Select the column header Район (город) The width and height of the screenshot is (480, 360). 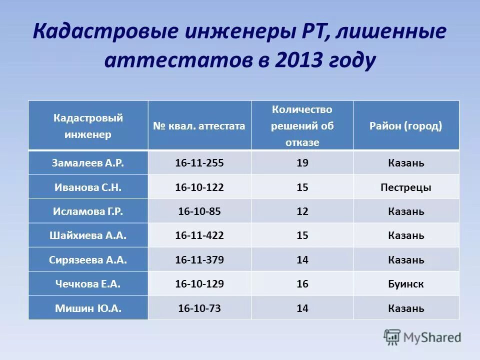(x=405, y=125)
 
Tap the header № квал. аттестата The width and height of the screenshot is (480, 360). (x=199, y=126)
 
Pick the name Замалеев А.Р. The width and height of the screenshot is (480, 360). (x=88, y=163)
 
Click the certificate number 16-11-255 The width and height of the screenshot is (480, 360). (x=199, y=163)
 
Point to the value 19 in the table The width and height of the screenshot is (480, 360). (x=302, y=163)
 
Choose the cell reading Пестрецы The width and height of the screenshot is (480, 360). (x=405, y=187)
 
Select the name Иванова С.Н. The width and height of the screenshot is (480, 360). (x=88, y=187)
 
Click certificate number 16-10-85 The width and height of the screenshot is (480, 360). (x=199, y=211)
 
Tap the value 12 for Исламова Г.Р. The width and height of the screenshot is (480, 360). (x=302, y=211)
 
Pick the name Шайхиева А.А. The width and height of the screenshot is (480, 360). (x=88, y=235)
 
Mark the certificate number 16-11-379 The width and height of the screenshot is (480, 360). (x=199, y=260)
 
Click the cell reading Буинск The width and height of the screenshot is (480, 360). (x=405, y=284)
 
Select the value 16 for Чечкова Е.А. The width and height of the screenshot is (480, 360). (x=302, y=284)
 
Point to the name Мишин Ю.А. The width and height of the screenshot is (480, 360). (x=88, y=308)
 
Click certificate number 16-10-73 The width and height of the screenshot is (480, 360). (x=199, y=308)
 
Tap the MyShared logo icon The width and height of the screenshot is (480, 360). (x=392, y=336)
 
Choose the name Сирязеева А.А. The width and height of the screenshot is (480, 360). (x=88, y=260)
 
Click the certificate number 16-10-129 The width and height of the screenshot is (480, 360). (x=199, y=284)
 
